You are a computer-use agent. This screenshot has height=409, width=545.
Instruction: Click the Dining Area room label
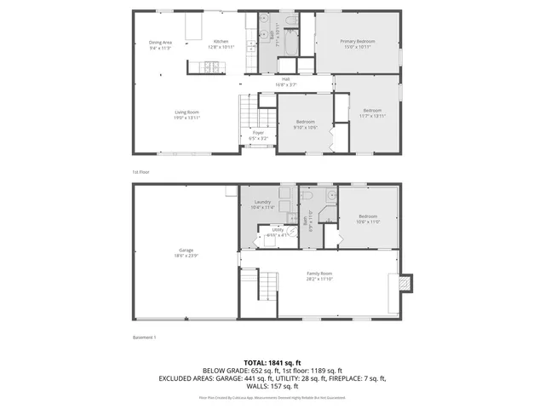[161, 42]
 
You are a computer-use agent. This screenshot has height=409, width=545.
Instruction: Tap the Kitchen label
[221, 42]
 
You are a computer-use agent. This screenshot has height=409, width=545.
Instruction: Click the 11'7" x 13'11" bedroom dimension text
[372, 115]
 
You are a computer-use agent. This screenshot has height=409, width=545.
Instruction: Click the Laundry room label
[262, 202]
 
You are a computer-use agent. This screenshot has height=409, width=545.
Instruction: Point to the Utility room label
[278, 229]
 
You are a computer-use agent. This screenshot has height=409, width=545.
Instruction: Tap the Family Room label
[319, 274]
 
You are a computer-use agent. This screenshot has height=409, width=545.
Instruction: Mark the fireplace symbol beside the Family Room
[404, 282]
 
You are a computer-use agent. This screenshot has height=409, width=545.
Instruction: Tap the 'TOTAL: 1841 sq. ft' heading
[272, 362]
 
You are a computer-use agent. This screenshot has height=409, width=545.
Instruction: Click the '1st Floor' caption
[141, 171]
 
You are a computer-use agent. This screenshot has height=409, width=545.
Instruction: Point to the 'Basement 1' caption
[144, 337]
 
